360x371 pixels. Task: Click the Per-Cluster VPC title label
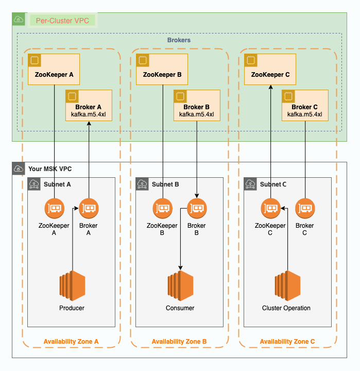pos(62,21)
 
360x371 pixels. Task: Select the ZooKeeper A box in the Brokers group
pos(54,69)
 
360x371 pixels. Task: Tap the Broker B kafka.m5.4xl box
pos(197,105)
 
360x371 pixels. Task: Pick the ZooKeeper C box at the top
pos(270,69)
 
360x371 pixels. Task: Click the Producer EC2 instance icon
pos(72,285)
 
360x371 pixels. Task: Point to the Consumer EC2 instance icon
pos(180,285)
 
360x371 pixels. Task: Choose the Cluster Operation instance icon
pos(287,285)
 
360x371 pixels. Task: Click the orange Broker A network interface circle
pos(89,208)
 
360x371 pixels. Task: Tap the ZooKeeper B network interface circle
pos(163,208)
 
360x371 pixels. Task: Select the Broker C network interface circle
pos(305,208)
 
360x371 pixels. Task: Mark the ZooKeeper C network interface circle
pos(270,208)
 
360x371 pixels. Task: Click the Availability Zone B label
pos(179,342)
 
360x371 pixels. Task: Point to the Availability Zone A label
pos(71,342)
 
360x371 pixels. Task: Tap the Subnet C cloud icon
pos(250,184)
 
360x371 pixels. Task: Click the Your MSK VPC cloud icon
pos(19,168)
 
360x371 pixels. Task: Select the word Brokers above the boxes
pos(179,40)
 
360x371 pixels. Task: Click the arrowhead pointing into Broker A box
pos(89,124)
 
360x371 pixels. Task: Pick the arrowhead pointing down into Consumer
pos(180,267)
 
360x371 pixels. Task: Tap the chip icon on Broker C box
pos(288,96)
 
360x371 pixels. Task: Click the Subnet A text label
pos(57,184)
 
